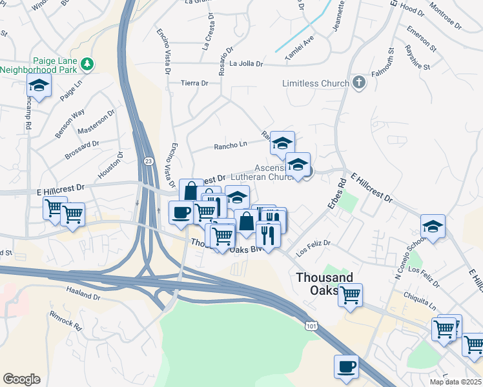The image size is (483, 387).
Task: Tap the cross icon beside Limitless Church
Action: point(359,83)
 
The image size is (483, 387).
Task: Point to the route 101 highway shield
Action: point(312,327)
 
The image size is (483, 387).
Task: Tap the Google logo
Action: point(21,379)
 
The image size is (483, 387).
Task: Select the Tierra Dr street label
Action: point(194,83)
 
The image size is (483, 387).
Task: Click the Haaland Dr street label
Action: point(83,297)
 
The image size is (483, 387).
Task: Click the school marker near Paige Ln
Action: point(39,85)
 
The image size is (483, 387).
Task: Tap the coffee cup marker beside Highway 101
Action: point(346,366)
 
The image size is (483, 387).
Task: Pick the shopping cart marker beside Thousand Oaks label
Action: point(350,295)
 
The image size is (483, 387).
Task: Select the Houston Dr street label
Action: point(110,166)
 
